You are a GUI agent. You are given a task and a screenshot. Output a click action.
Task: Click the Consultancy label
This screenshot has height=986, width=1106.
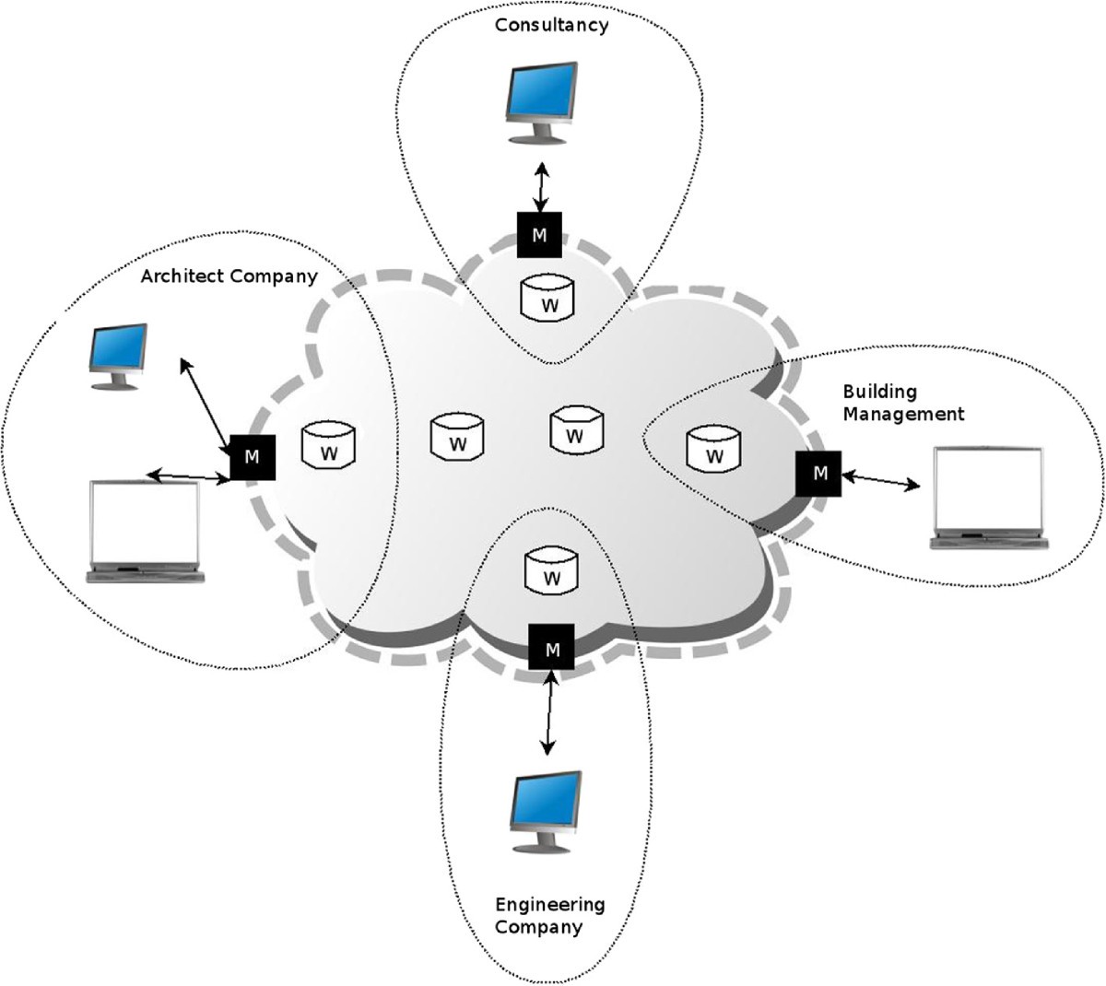(551, 25)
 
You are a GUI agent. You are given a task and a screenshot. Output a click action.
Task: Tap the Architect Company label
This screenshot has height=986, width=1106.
(229, 276)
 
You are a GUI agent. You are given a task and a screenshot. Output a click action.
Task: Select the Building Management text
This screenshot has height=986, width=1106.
(902, 403)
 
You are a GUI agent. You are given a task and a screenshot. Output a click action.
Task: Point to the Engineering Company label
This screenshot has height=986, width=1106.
(549, 915)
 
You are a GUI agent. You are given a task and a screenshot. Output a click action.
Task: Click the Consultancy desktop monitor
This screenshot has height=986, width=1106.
(542, 102)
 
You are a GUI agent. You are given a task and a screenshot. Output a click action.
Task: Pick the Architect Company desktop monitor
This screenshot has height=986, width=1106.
(117, 356)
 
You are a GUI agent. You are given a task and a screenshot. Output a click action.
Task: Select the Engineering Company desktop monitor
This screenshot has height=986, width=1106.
(547, 812)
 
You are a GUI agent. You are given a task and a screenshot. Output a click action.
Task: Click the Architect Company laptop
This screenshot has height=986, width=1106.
(145, 531)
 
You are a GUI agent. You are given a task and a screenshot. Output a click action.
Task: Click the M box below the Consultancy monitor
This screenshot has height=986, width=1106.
(539, 235)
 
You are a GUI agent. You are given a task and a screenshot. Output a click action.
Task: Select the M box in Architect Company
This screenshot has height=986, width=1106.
(253, 455)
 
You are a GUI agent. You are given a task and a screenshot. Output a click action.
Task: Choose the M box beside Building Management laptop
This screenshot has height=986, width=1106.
(819, 474)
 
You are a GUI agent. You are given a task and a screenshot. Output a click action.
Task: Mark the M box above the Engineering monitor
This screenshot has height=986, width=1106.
(552, 648)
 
